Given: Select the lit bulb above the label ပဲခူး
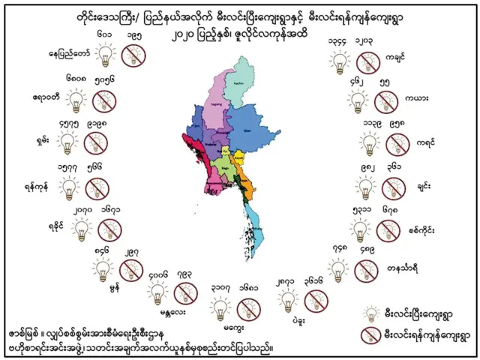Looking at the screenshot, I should point(286,301).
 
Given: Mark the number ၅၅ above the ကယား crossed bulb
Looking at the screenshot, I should point(384,82).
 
